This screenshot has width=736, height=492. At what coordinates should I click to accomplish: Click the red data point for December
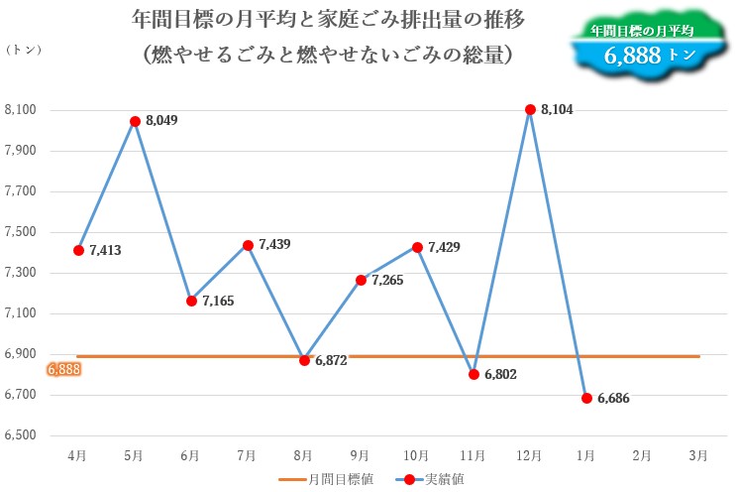(530, 109)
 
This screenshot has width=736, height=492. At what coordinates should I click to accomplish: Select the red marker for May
(135, 121)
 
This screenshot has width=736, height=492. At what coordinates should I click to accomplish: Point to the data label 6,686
(613, 399)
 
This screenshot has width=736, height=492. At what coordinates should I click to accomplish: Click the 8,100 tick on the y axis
(20, 110)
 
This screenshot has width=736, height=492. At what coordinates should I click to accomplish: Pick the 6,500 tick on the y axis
(20, 435)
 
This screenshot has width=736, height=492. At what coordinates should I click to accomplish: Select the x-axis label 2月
(642, 455)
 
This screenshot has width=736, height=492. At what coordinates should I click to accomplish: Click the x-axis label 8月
(304, 455)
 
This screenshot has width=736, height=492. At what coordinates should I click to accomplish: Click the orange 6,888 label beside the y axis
(63, 369)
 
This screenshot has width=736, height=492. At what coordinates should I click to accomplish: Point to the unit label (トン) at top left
(24, 51)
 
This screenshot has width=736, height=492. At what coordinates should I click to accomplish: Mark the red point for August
(304, 360)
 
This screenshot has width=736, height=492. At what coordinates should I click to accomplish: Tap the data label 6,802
(500, 376)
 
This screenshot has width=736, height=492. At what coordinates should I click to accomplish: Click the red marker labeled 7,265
(361, 281)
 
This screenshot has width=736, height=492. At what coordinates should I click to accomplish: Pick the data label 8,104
(557, 110)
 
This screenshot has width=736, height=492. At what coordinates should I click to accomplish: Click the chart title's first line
(328, 19)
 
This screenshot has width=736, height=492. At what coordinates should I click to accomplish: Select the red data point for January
(586, 398)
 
